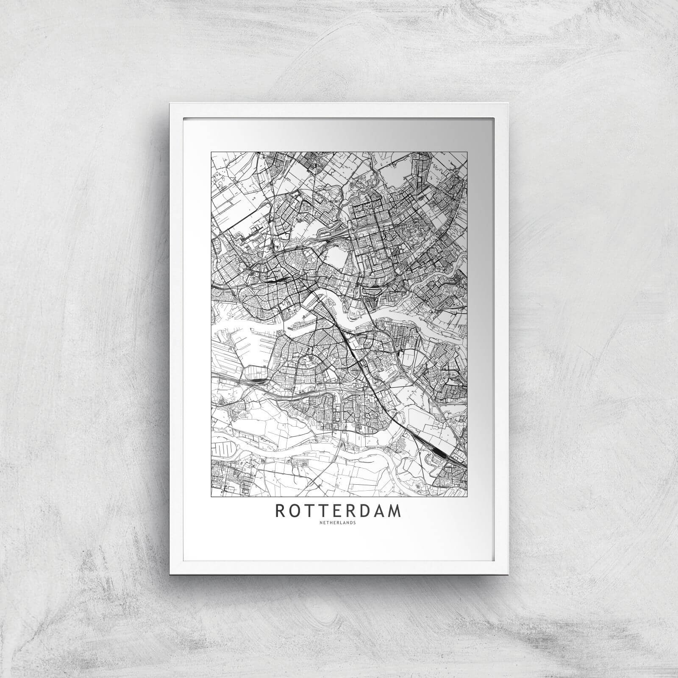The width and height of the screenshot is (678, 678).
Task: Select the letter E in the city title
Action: tap(338, 511)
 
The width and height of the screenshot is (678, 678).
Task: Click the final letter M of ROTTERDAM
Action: tap(395, 511)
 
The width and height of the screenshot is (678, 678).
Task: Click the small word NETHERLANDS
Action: tap(338, 522)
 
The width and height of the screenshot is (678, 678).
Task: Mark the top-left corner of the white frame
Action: tap(169, 103)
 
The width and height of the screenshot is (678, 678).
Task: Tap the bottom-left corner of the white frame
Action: tap(169, 574)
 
